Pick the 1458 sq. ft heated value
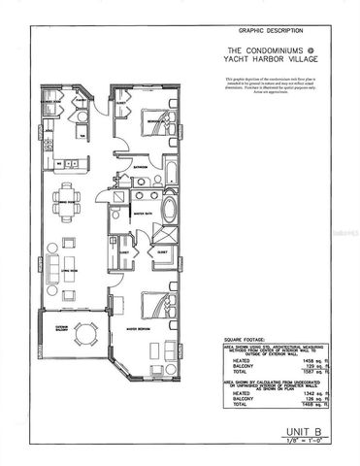pyautogui.click(x=301, y=358)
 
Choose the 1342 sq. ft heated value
pyautogui.click(x=301, y=393)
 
